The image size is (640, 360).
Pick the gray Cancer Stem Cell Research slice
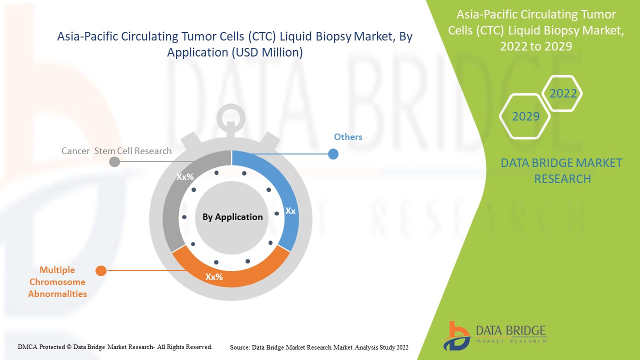(x=172, y=205)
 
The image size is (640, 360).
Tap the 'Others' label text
(x=348, y=137)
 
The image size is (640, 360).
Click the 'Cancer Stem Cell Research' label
(x=116, y=151)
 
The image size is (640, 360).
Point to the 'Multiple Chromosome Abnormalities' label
(x=57, y=282)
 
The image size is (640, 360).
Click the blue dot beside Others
(x=333, y=154)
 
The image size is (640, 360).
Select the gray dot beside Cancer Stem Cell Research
(x=114, y=161)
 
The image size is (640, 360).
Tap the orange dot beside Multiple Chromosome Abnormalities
(x=101, y=271)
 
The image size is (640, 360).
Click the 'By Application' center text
(x=232, y=217)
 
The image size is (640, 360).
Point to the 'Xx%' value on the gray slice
(x=185, y=176)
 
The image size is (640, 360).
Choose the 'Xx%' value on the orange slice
(x=214, y=276)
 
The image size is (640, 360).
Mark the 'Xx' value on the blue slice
(x=290, y=211)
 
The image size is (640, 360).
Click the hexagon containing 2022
(x=563, y=93)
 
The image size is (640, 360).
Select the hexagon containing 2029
(x=525, y=116)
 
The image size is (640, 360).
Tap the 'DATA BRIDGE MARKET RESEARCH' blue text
(x=562, y=170)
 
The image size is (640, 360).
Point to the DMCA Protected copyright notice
(x=115, y=346)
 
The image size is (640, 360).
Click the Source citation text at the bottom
(x=319, y=347)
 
